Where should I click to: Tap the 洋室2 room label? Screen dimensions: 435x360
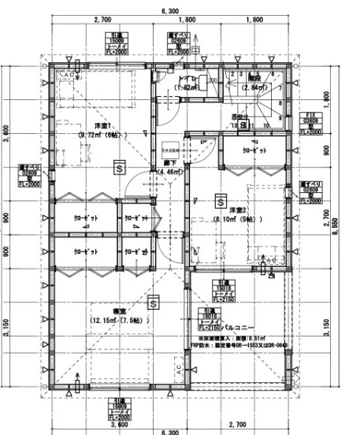(239, 210)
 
